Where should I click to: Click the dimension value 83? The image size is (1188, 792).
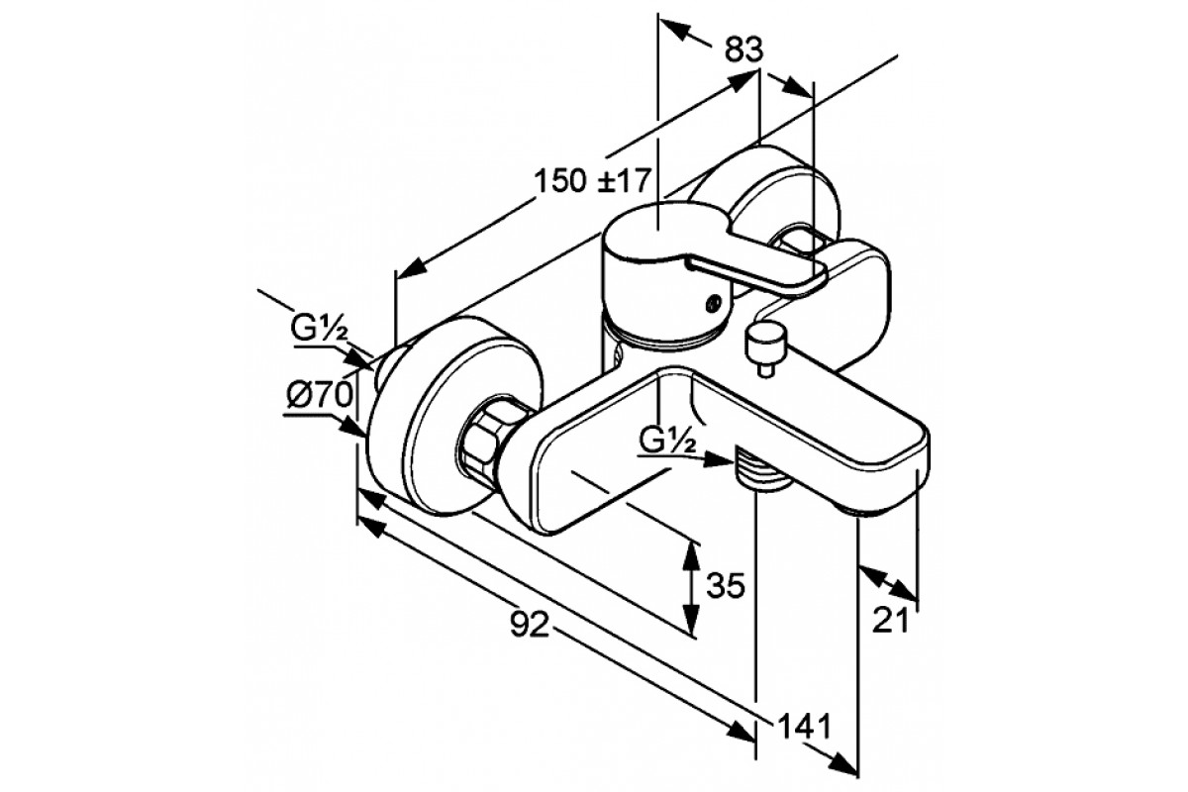click(744, 49)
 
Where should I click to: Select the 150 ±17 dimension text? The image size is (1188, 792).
click(592, 181)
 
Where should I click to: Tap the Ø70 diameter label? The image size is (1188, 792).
click(320, 395)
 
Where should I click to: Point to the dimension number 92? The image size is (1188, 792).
click(529, 624)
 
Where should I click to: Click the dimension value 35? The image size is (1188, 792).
click(726, 586)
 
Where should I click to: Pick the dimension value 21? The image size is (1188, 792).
click(890, 620)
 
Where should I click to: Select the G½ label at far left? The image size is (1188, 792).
click(318, 330)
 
